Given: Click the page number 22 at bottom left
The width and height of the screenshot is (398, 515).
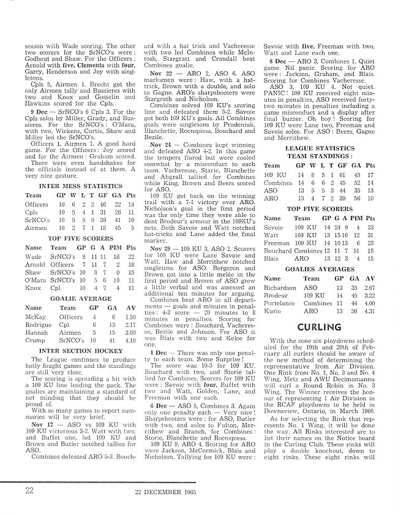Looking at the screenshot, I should (x=29, y=490).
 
